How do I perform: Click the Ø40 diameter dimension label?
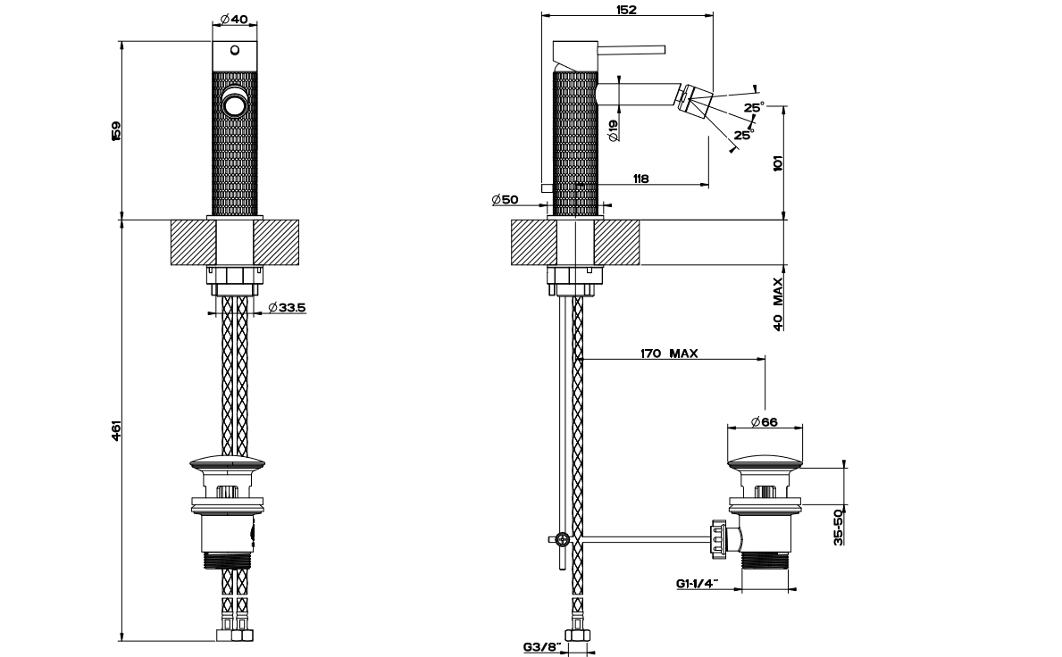233,20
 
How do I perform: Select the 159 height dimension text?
115,129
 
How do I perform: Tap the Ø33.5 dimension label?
286,308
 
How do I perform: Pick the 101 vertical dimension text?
777,163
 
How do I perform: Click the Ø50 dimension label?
505,200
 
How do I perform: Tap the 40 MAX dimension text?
778,304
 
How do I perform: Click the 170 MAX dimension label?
669,353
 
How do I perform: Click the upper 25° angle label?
755,108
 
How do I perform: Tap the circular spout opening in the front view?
235,104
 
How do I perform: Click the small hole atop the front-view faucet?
234,50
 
